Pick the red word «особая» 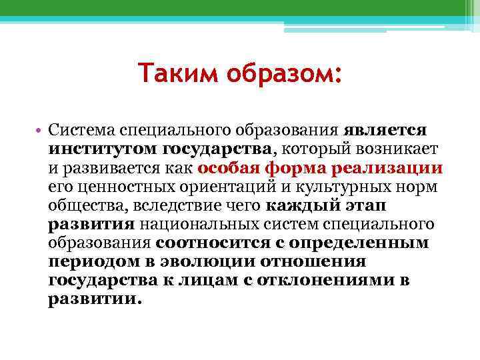point(228,165)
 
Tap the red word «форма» point(292,165)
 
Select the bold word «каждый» point(298,203)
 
